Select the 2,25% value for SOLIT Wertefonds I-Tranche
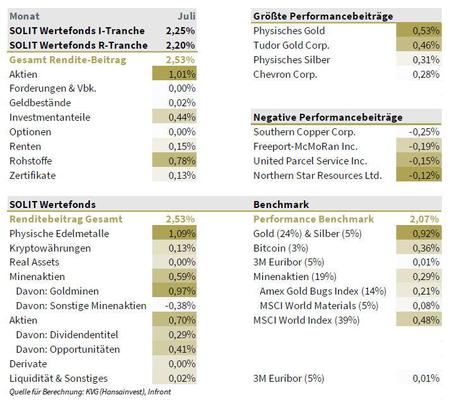click(x=180, y=30)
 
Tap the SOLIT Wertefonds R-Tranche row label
click(x=78, y=45)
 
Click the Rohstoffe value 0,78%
click(x=181, y=161)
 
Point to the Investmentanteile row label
click(x=50, y=117)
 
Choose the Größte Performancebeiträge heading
click(x=323, y=16)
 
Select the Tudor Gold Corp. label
click(x=291, y=45)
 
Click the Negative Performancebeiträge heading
click(x=327, y=117)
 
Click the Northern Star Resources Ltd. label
click(x=317, y=175)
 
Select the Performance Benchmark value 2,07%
click(x=424, y=219)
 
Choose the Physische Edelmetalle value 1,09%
click(x=181, y=233)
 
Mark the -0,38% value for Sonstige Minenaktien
click(x=180, y=305)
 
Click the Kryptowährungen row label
click(x=50, y=248)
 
